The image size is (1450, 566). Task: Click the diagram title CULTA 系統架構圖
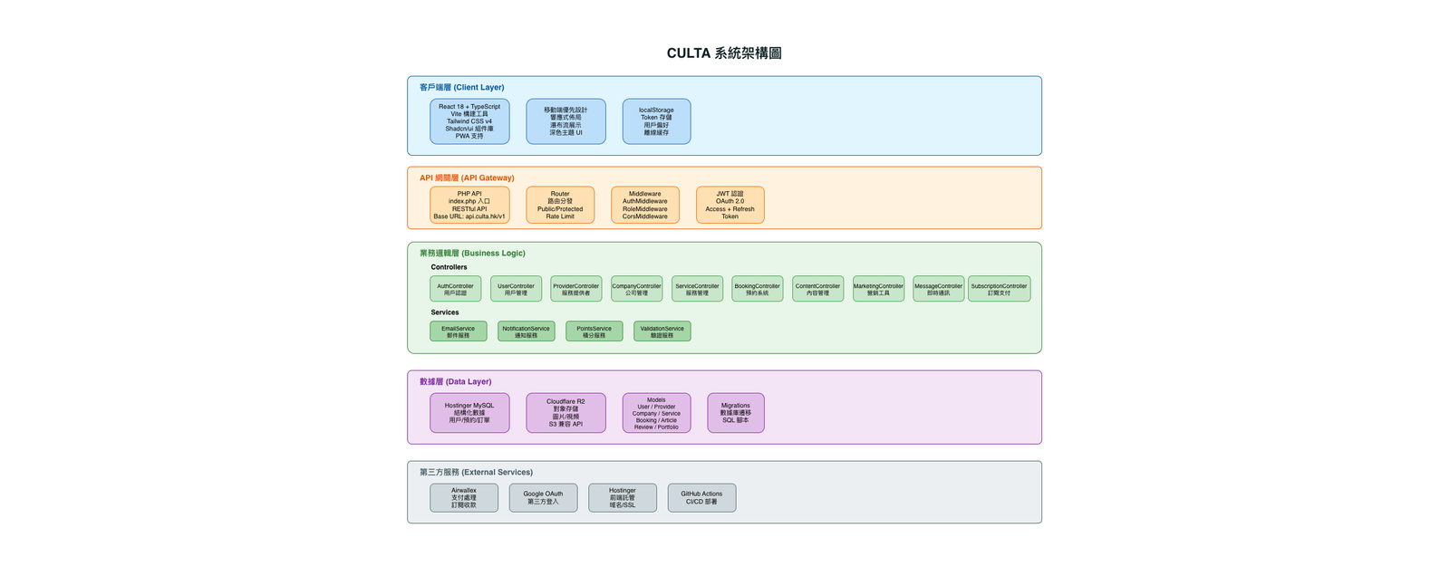coord(724,53)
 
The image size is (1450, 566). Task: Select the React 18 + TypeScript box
coord(469,121)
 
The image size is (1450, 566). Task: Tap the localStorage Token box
coord(656,121)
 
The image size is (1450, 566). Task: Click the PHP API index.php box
coord(469,205)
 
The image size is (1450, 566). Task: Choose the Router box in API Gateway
coord(560,205)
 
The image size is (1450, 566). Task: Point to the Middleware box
coord(644,205)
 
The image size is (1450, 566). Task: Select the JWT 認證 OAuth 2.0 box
coord(730,205)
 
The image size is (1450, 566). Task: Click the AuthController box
coord(455,289)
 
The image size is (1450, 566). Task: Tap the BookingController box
coord(757,289)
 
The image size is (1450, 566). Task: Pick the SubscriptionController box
coord(999,289)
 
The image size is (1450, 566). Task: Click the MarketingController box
coord(878,289)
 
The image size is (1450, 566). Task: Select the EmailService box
coord(458,331)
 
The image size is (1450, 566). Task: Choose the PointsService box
coord(594,331)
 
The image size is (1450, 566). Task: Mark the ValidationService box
coord(662,331)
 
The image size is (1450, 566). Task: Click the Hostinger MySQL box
coord(469,413)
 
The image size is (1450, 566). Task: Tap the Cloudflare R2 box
coord(565,413)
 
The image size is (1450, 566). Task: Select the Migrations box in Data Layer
coord(735,413)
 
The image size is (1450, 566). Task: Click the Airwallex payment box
coord(464,497)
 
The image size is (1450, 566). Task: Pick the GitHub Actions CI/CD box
coord(701,497)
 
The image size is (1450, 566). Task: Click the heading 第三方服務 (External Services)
coord(476,472)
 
